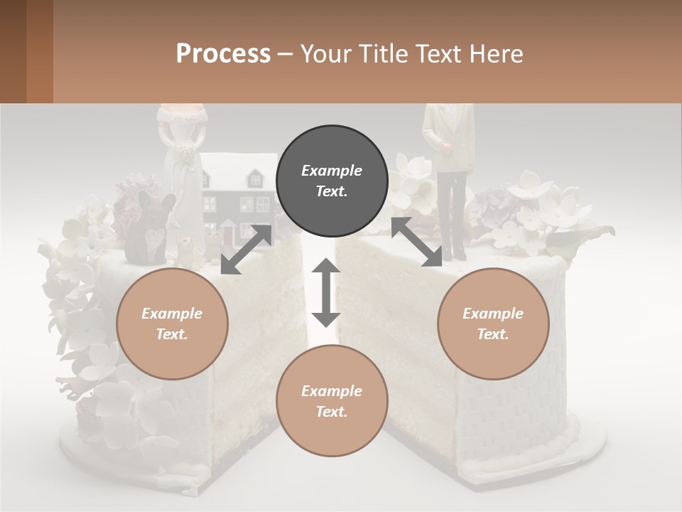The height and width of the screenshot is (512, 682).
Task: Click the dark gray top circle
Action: [x=332, y=181]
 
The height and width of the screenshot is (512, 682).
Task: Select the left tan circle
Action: [x=172, y=324]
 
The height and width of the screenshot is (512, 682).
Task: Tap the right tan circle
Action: [x=493, y=324]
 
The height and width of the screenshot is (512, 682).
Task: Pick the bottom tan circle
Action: [x=332, y=401]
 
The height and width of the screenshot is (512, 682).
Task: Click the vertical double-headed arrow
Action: [x=326, y=292]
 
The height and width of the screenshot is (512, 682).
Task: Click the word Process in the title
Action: [x=223, y=53]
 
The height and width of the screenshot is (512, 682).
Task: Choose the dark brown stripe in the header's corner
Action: [x=13, y=51]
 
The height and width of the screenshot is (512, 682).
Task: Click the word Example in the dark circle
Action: [x=332, y=171]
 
